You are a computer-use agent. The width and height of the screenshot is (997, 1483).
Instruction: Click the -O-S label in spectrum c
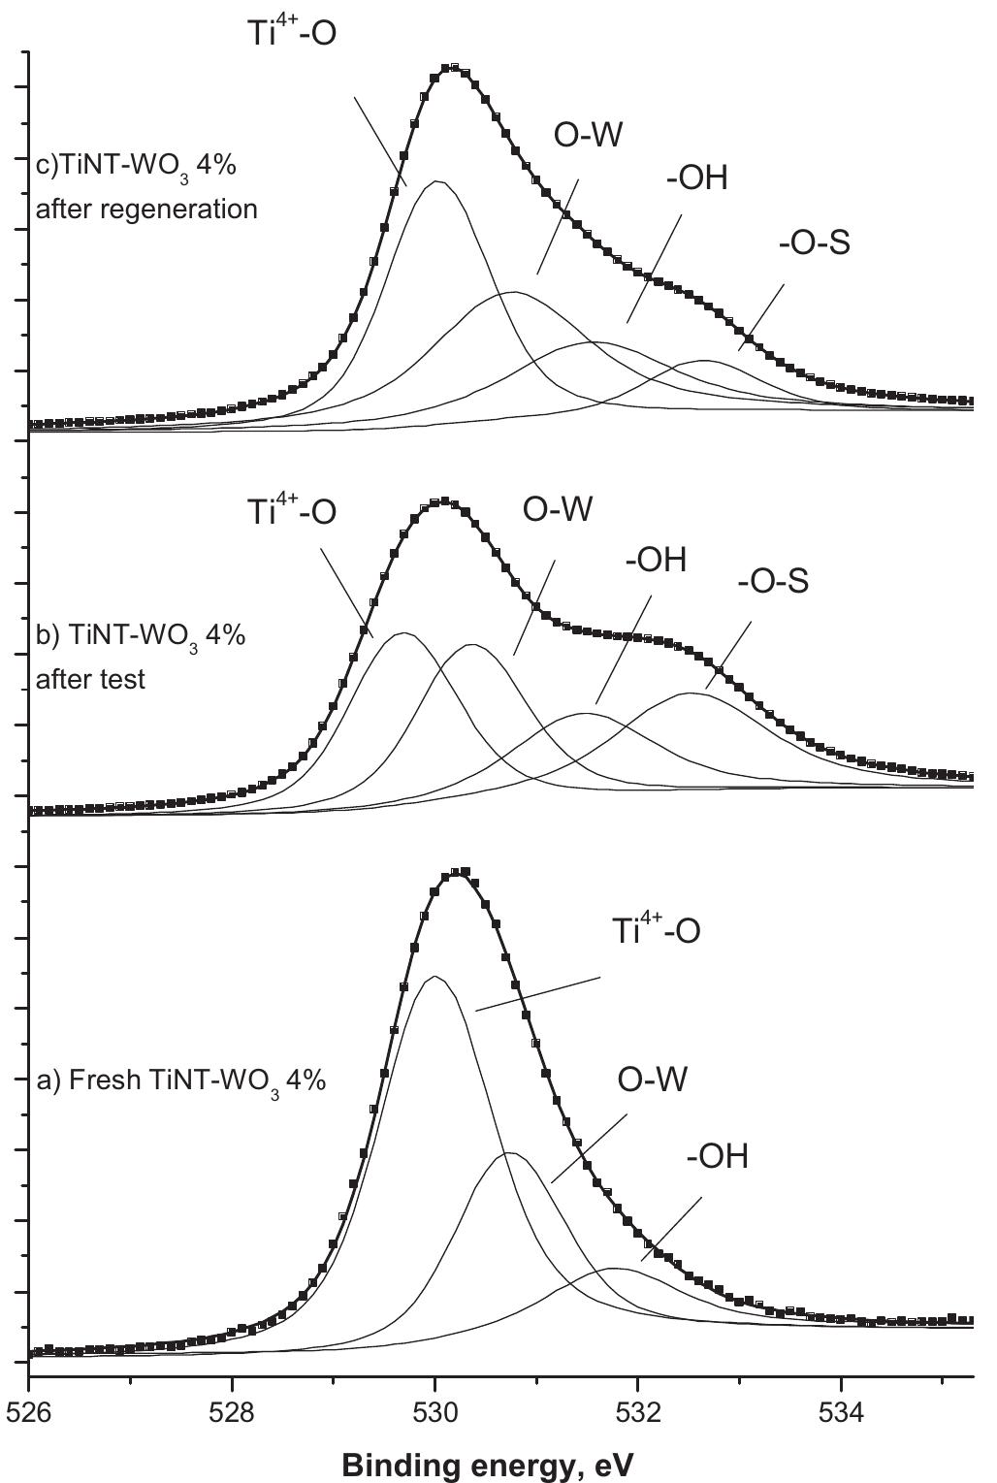click(814, 243)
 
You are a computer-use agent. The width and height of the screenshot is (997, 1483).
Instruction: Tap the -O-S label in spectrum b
click(772, 582)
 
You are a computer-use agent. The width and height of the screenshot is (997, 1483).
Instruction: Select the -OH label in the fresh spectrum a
click(717, 1157)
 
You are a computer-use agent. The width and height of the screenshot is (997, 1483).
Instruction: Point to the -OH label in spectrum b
click(655, 560)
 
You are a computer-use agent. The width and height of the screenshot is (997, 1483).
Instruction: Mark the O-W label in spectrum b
click(557, 509)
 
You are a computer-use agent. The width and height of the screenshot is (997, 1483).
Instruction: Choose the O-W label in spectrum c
click(587, 135)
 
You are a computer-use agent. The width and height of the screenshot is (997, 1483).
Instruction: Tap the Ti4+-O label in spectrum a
click(656, 931)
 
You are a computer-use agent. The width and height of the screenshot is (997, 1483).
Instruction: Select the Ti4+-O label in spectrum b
click(291, 510)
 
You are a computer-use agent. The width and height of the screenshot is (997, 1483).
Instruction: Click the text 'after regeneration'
click(146, 209)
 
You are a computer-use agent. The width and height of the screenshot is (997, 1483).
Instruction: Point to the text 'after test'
click(90, 679)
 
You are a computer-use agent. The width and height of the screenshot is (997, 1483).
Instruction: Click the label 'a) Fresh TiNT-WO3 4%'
click(180, 1080)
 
